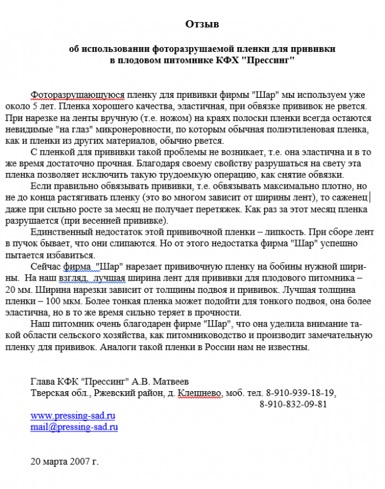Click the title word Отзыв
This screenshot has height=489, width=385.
coord(201,24)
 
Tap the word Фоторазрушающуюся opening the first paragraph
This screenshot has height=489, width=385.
coord(78,95)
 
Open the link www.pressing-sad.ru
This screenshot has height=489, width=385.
coord(73,416)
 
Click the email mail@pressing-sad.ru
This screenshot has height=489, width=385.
coord(74,427)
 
